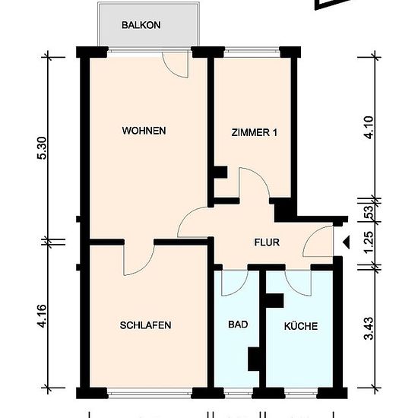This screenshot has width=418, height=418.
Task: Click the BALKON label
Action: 141,25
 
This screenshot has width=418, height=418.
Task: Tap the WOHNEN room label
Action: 144,131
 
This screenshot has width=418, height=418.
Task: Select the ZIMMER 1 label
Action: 255,132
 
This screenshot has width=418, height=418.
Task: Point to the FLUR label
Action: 267,242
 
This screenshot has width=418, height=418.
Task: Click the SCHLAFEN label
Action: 146,325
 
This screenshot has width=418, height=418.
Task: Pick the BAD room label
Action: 238,325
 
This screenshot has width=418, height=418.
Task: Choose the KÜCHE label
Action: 301,326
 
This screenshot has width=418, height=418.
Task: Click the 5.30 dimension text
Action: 43,148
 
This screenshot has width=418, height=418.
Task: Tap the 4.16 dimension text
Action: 43,316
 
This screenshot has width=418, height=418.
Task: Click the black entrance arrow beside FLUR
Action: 346,242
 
